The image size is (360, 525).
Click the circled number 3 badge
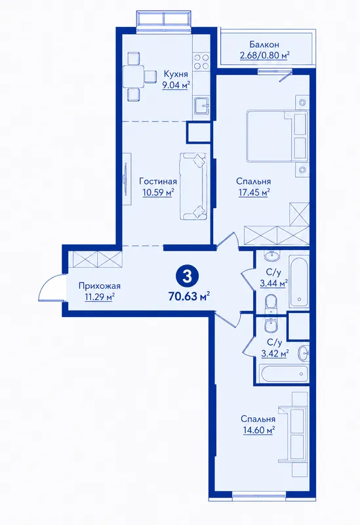point(187,276)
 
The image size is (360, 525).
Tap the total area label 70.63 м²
point(189,296)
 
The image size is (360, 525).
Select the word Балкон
point(264,45)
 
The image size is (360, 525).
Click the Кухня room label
point(176,73)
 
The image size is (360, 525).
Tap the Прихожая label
point(100,286)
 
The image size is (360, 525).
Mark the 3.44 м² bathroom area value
point(273,283)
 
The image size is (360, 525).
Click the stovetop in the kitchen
point(201,62)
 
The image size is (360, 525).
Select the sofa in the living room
point(193,186)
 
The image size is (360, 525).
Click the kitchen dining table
point(133,76)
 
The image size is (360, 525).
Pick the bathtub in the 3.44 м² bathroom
point(300,282)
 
